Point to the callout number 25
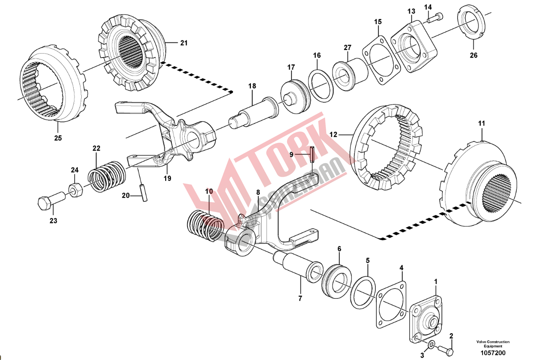(58, 138)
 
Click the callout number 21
(184, 43)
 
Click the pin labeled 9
(312, 154)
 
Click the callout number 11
(481, 123)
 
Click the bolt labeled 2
(445, 347)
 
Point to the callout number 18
(252, 86)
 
